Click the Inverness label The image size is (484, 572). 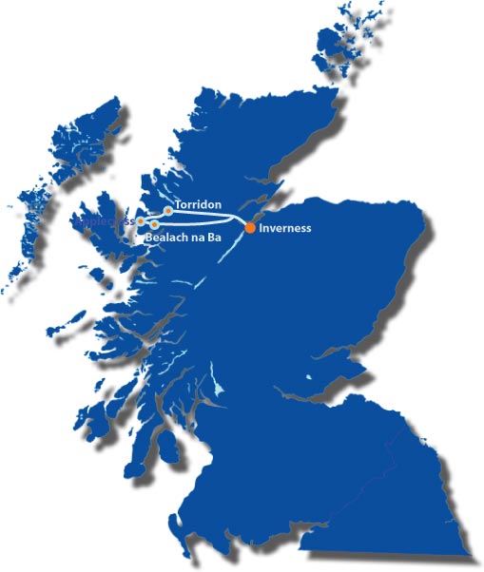point(285,228)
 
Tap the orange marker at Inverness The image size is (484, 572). point(250,227)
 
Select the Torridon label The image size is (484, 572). point(199,204)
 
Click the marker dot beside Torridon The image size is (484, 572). point(168,211)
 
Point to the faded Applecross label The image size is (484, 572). point(106,219)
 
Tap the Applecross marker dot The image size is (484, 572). point(141,220)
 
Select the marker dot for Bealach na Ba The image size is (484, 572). point(154,224)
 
